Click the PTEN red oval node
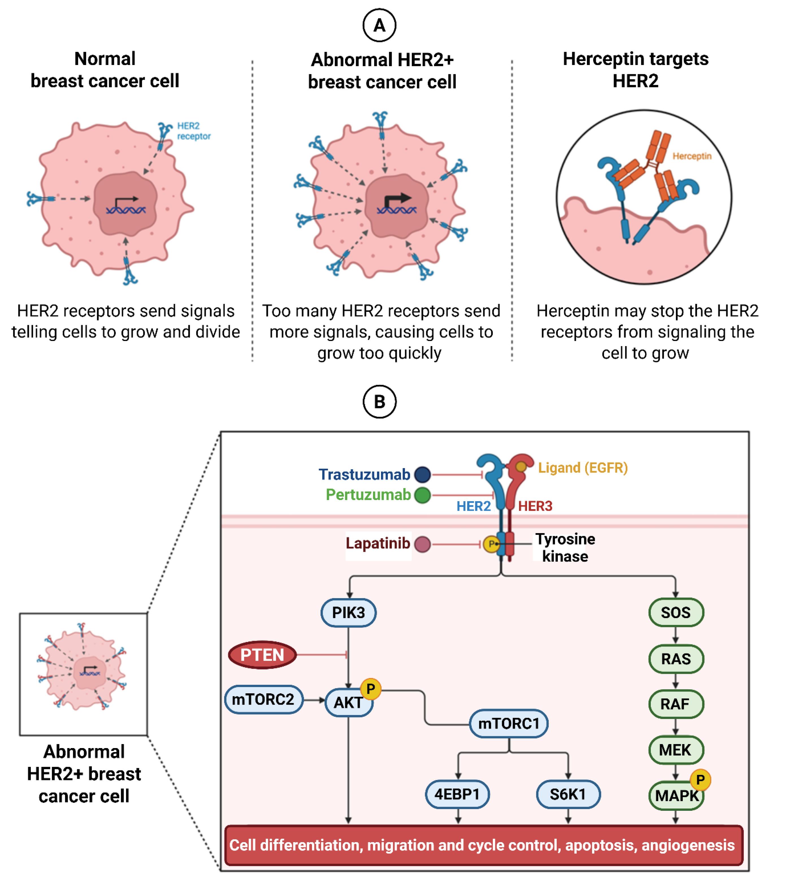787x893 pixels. click(262, 655)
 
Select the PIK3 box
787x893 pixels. click(348, 612)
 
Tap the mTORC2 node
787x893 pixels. click(263, 699)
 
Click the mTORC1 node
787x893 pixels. click(509, 723)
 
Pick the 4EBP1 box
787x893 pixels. click(457, 794)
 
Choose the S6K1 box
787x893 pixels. click(568, 794)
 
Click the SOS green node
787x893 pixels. click(676, 612)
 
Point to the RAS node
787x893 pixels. click(676, 659)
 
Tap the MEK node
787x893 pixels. click(676, 750)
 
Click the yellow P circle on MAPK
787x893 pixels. click(701, 780)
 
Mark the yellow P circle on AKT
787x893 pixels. click(370, 689)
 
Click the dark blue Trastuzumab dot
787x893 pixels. click(422, 474)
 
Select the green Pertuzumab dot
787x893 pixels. click(422, 496)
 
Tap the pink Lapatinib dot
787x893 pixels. click(422, 544)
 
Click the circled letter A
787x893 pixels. click(379, 25)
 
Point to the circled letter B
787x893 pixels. click(379, 401)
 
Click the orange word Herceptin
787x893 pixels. click(692, 156)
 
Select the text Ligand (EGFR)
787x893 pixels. click(583, 468)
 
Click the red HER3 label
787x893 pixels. click(535, 506)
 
